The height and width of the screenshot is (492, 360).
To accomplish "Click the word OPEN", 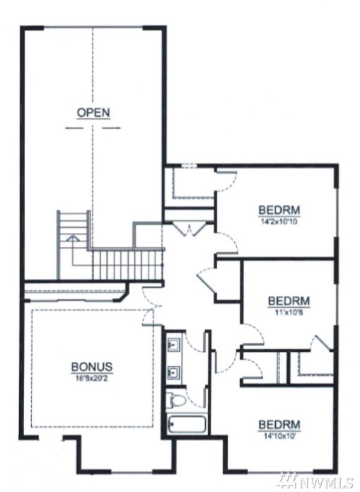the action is click(93, 113).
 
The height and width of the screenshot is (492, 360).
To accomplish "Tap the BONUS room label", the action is click(91, 367).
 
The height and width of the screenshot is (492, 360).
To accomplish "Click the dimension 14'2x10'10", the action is click(279, 222).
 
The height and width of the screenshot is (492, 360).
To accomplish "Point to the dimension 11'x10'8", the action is click(289, 312).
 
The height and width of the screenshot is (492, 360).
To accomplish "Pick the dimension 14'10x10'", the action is click(279, 435).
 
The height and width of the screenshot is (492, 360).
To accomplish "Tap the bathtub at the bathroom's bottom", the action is click(186, 425).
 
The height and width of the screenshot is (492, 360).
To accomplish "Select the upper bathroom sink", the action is click(173, 345).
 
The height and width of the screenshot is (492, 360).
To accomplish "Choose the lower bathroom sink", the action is click(173, 373).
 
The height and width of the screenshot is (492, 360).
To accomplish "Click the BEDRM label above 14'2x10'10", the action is click(279, 210).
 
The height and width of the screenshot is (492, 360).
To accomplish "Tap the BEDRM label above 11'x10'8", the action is click(289, 301).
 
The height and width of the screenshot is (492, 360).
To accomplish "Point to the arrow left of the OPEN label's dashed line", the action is click(75, 127).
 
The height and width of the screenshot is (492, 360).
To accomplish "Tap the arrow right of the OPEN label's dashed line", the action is click(111, 127).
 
